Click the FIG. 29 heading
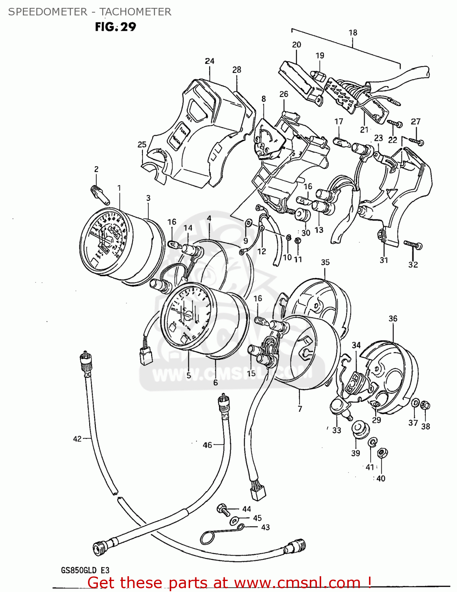[x=115, y=27]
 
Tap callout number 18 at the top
[x=353, y=33]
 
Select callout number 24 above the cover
[x=210, y=61]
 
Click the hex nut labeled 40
[x=382, y=453]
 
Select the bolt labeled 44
[x=223, y=510]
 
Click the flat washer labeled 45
[x=234, y=519]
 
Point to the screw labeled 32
[x=413, y=245]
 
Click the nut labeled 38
[x=425, y=405]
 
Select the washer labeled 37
[x=415, y=403]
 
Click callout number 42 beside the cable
[x=77, y=439]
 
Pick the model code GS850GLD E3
[x=85, y=570]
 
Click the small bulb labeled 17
[x=342, y=141]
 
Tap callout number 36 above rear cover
[x=393, y=318]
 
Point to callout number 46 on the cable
[x=208, y=445]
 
